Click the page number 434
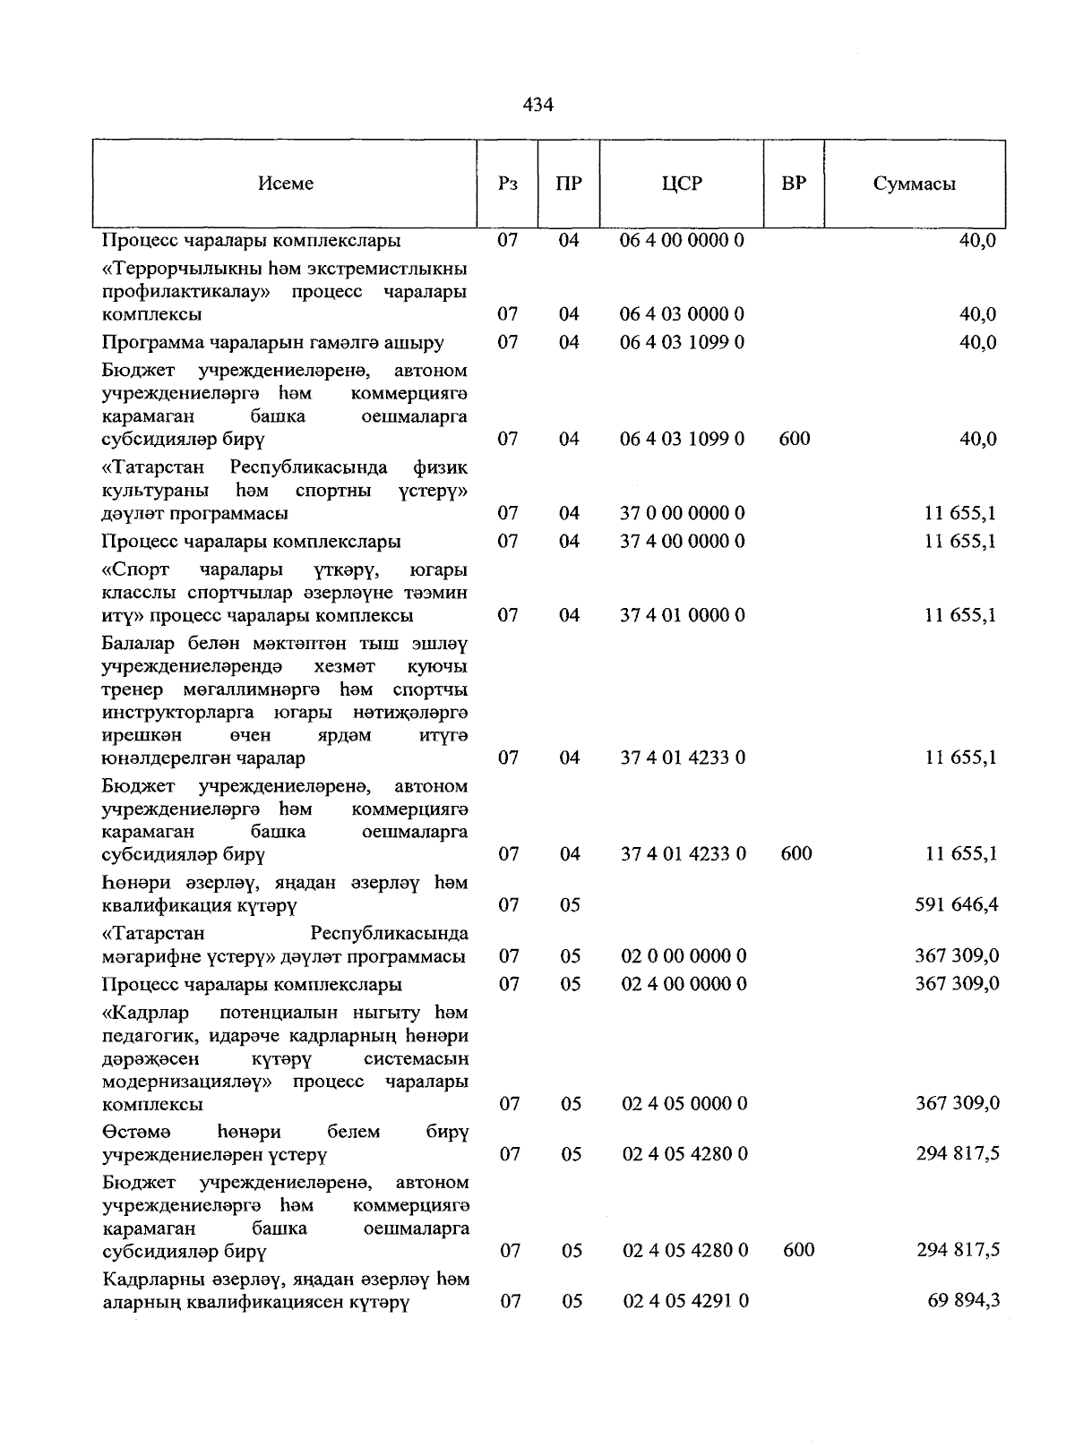[x=537, y=105]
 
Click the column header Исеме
[x=286, y=184]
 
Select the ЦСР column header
[x=682, y=184]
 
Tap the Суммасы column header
[x=914, y=184]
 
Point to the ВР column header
[x=793, y=184]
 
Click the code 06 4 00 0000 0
[x=682, y=241]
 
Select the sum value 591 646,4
[x=956, y=905]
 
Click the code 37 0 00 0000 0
[x=683, y=514]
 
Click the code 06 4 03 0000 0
[x=682, y=314]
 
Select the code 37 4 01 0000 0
[x=683, y=615]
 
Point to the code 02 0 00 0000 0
[x=684, y=956]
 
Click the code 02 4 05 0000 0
[x=684, y=1104]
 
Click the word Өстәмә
[x=131, y=1132]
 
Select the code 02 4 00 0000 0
[x=684, y=984]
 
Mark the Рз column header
[x=507, y=184]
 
